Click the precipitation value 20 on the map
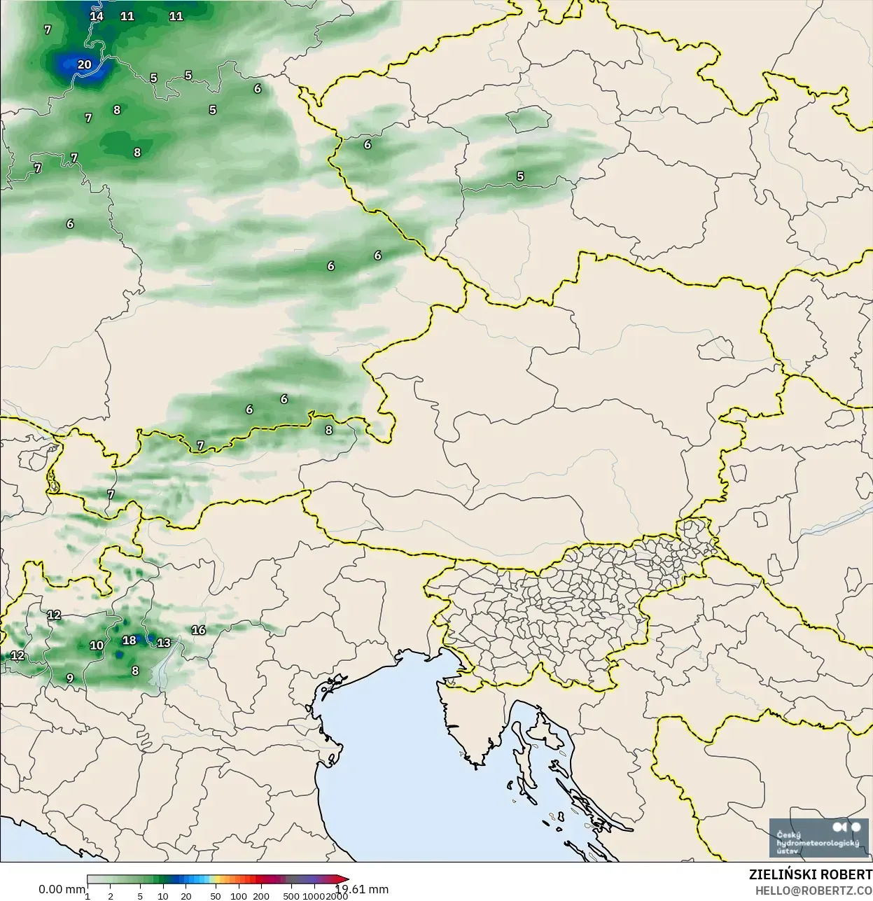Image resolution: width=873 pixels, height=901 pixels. (x=84, y=64)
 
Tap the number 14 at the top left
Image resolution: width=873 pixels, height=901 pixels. (x=97, y=16)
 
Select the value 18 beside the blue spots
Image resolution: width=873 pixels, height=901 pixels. (x=130, y=641)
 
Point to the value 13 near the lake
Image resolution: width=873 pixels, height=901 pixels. (x=164, y=643)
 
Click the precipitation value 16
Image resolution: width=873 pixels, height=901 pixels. (x=199, y=630)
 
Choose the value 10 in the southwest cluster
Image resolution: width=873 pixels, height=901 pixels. (x=97, y=645)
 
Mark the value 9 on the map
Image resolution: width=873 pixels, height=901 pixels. (x=70, y=678)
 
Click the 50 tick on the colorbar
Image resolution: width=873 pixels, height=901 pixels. (x=216, y=895)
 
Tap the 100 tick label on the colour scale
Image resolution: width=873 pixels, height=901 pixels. (x=239, y=895)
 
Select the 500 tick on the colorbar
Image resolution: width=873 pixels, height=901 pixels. (x=291, y=895)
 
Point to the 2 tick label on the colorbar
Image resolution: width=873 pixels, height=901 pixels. (x=111, y=895)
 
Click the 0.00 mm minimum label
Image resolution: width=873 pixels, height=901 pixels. (x=62, y=889)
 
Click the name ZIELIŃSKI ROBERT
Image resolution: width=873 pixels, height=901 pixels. (x=810, y=874)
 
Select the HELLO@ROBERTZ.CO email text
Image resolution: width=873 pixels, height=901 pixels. (x=813, y=890)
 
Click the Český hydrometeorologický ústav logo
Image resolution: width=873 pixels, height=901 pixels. (x=818, y=838)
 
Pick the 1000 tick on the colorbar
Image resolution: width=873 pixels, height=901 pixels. (x=314, y=895)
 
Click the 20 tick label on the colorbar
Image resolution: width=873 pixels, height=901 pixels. (x=186, y=895)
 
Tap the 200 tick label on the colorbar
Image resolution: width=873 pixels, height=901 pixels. (x=261, y=895)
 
